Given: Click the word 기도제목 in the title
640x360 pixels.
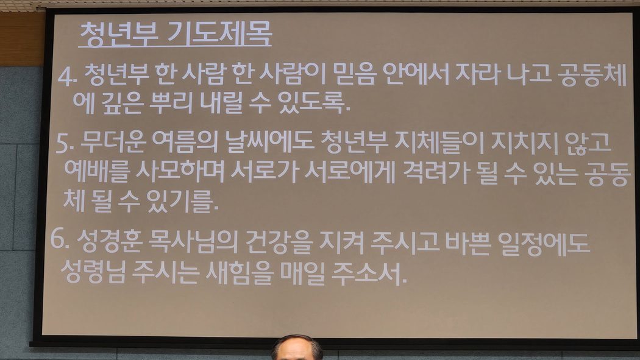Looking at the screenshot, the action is [219, 34].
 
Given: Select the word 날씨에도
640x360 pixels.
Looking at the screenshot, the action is [269, 142].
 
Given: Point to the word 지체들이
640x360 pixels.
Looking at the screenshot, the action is [439, 143].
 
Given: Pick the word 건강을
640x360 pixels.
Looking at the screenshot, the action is [279, 242].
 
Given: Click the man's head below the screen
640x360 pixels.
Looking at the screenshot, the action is [297, 348].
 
